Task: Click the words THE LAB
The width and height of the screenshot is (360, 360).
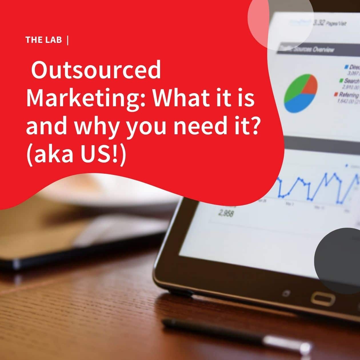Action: click(x=43, y=40)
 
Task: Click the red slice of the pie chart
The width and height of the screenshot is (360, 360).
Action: click(x=311, y=84)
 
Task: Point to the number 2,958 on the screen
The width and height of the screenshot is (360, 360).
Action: click(x=226, y=213)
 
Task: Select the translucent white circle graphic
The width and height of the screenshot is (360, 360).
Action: click(x=280, y=23)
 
